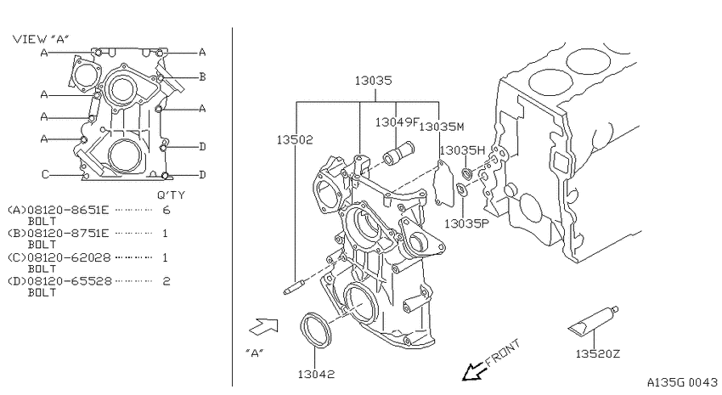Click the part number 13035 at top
pos(373,81)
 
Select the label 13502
pos(295,139)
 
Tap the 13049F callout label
pos(397,122)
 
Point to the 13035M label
pos(442,127)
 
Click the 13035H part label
pos(462,150)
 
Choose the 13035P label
pos(466,223)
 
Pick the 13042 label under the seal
pos(316,375)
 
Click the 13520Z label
pos(598,353)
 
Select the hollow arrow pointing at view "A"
pos(264,326)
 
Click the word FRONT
pos(504,352)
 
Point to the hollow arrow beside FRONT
pos(474,370)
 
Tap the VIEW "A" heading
pos(41,39)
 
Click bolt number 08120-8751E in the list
pos(68,234)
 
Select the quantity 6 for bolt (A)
pos(166,211)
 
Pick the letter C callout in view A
pos(45,174)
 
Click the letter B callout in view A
pos(201,77)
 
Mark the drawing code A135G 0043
pos(682,382)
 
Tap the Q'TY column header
pos(171,195)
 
